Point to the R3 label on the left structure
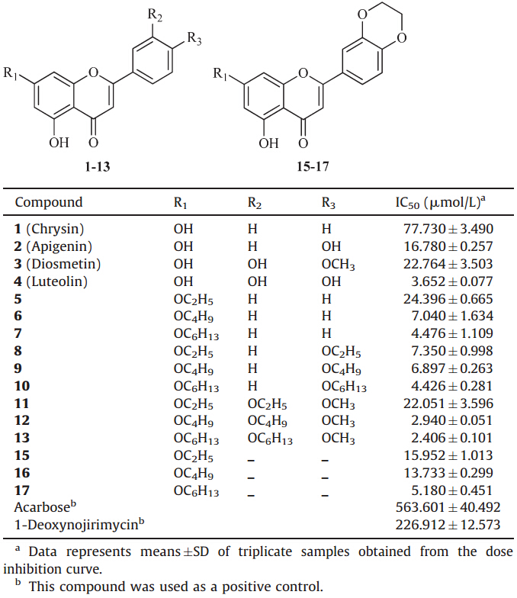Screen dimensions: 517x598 click(x=194, y=42)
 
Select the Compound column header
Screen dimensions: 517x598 click(x=49, y=203)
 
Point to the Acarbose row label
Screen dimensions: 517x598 click(x=41, y=506)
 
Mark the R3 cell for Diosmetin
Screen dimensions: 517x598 click(x=339, y=264)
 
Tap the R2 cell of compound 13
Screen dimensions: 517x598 click(x=271, y=439)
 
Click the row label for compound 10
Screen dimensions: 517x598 click(x=22, y=386)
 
